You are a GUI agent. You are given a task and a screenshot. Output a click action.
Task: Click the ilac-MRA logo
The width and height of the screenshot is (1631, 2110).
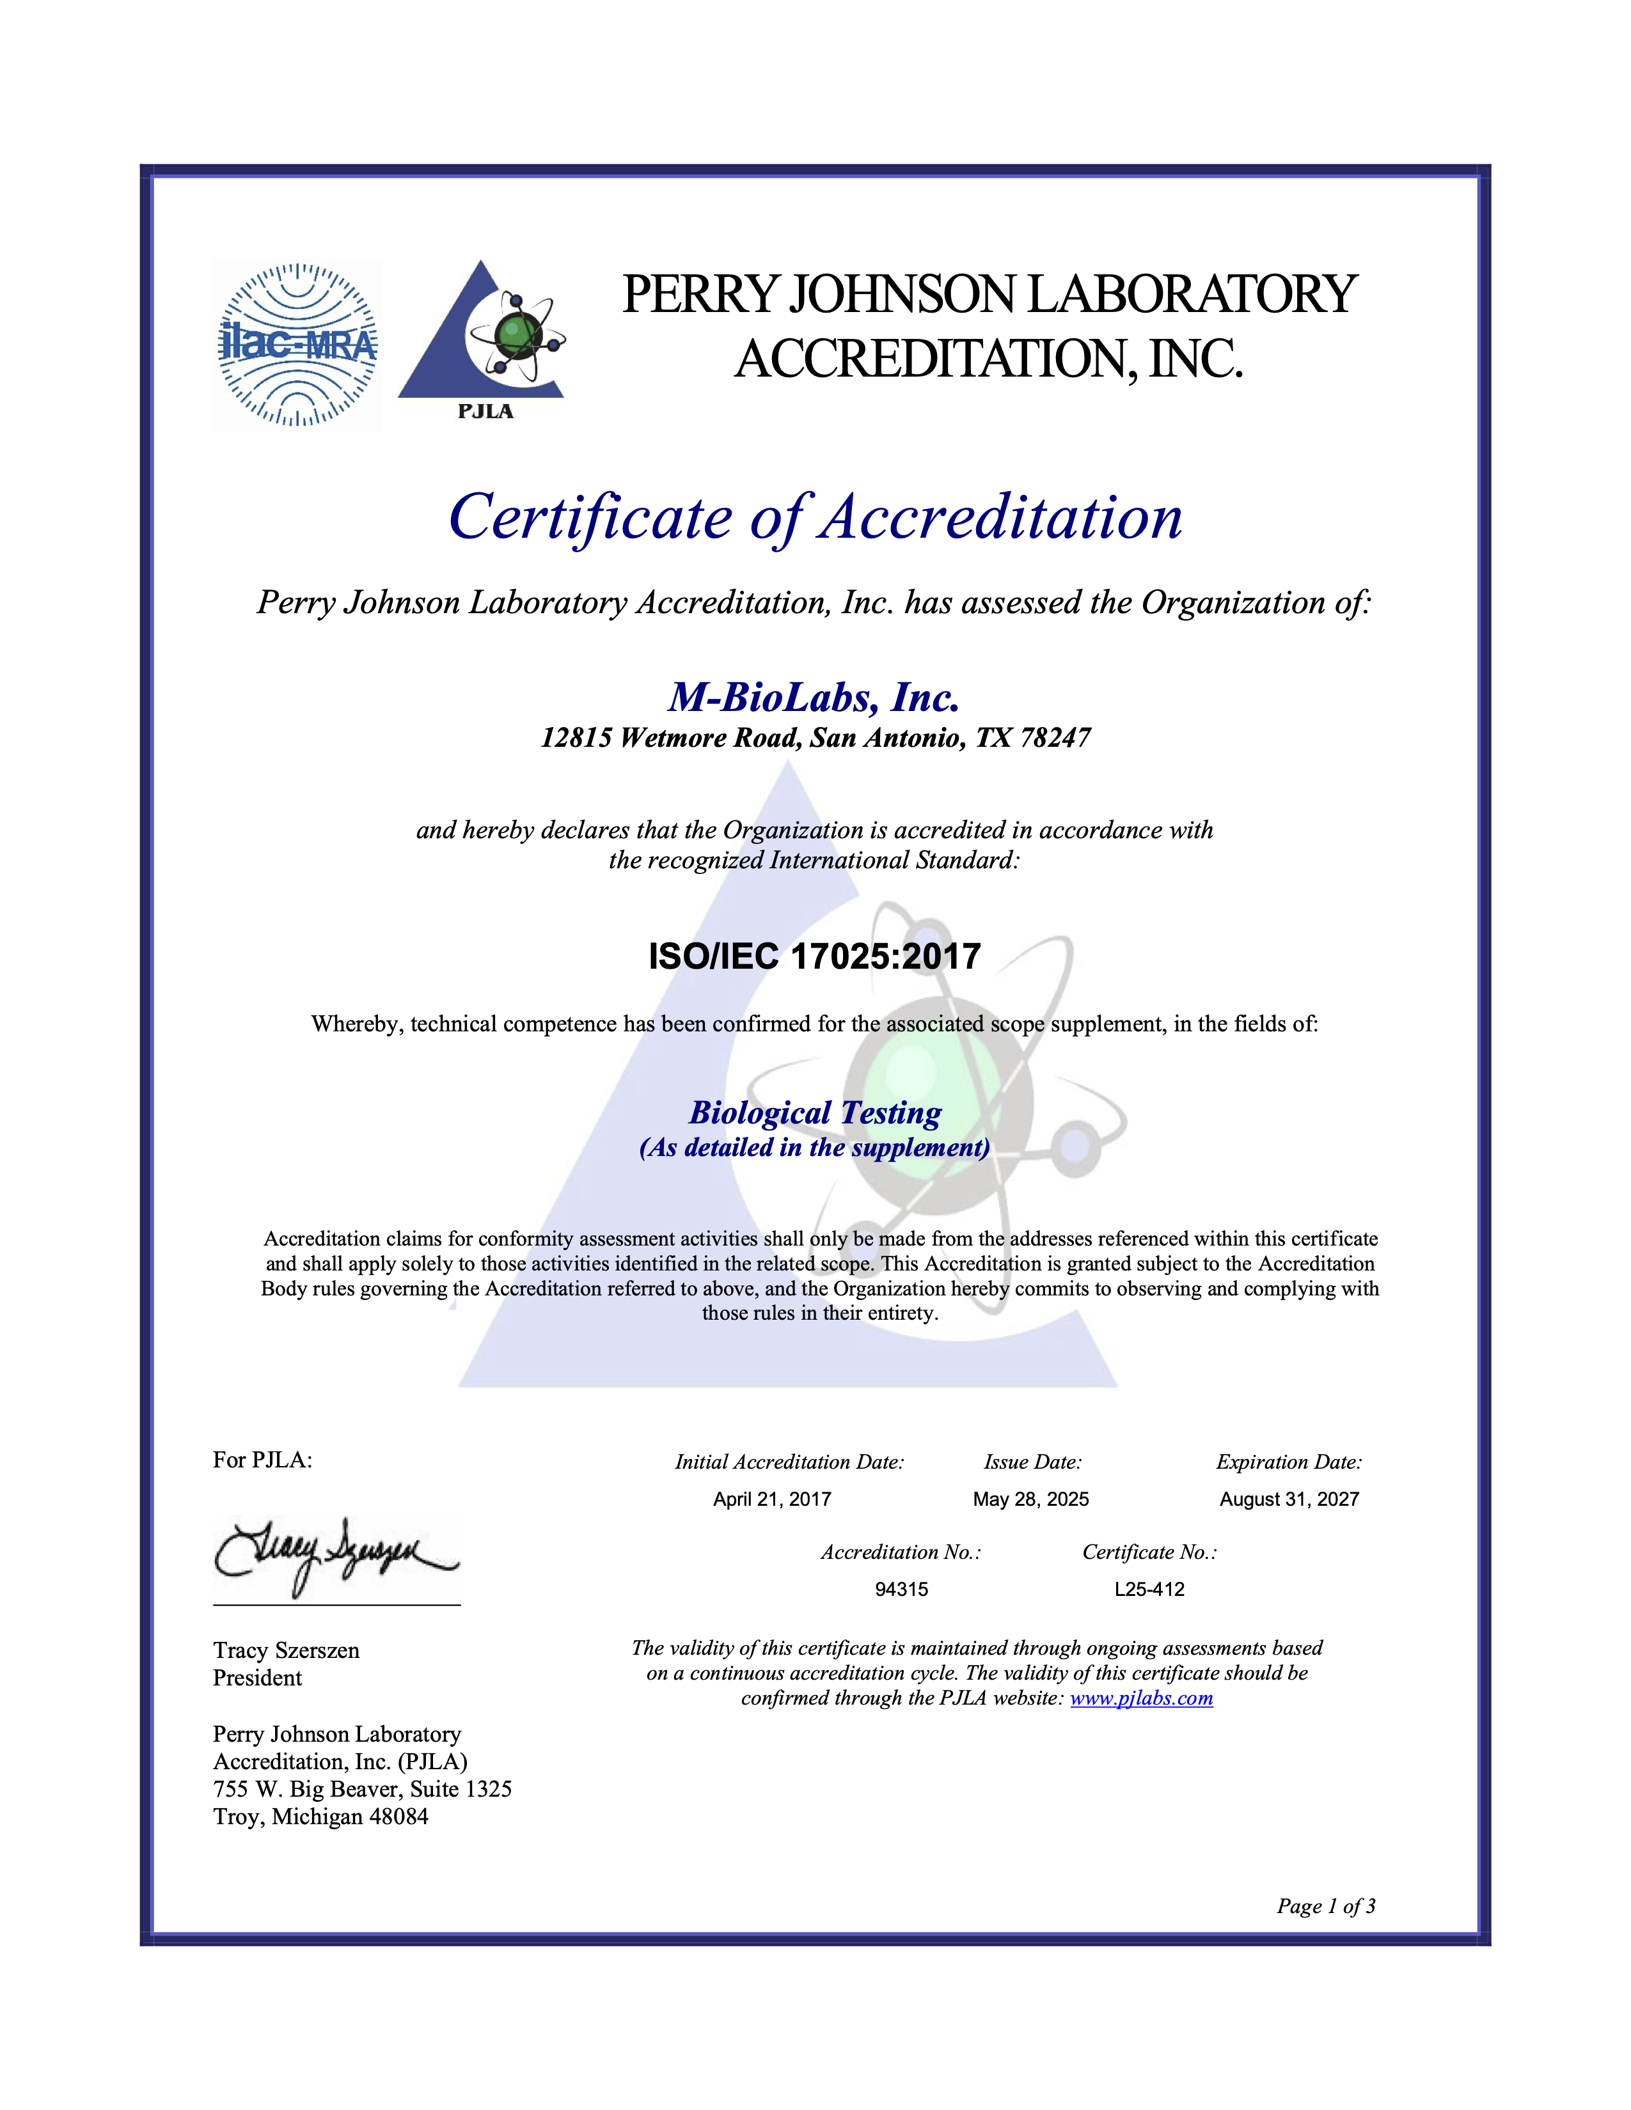point(297,344)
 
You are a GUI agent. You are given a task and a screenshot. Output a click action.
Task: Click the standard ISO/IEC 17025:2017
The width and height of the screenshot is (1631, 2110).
point(814,957)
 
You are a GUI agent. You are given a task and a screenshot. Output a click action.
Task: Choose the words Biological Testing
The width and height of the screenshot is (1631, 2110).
point(814,1113)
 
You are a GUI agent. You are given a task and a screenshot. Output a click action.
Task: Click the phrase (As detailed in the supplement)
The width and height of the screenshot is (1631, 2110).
point(814,1148)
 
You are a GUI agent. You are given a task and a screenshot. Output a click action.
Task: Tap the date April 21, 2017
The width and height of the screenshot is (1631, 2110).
point(772,1499)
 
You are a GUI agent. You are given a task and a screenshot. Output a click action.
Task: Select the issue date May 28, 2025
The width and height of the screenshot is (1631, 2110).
point(1030,1499)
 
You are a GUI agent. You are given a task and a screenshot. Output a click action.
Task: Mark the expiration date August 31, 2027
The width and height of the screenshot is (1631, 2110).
point(1289,1499)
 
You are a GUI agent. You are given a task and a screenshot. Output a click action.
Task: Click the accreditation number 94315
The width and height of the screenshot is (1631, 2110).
point(901,1590)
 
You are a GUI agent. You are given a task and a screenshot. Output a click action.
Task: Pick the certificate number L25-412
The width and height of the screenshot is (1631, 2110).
point(1149,1590)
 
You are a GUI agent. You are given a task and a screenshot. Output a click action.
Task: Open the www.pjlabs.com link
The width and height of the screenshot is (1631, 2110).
point(1141,1698)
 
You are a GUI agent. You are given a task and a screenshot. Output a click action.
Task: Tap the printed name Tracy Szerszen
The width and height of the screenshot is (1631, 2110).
point(286,1650)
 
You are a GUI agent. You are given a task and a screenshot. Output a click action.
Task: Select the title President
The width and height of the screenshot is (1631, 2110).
point(257,1678)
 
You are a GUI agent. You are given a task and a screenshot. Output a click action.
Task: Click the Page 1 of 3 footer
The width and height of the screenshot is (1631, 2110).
point(1326,1906)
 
